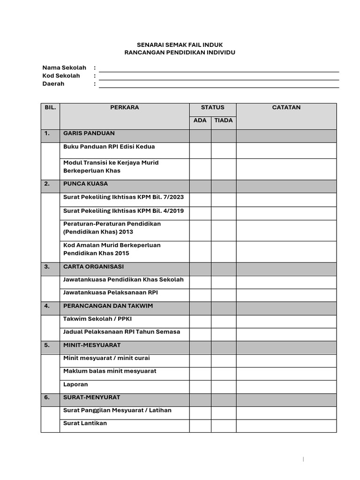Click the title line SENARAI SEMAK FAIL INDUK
click(180, 45)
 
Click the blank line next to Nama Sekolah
click(218, 69)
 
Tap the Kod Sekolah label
click(61, 75)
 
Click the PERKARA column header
click(124, 107)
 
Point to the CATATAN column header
click(286, 107)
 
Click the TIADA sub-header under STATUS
click(224, 120)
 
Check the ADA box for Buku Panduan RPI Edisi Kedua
click(200, 150)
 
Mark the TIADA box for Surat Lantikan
click(224, 426)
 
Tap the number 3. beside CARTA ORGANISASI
click(47, 266)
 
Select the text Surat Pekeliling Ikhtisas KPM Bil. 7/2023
click(123, 197)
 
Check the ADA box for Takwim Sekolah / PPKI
click(200, 321)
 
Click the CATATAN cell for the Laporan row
click(286, 386)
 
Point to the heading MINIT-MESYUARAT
click(92, 345)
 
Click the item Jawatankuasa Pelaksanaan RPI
click(110, 292)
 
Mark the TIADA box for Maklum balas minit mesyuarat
click(224, 374)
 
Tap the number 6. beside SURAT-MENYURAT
click(47, 397)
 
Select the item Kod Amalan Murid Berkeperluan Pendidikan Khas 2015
click(112, 249)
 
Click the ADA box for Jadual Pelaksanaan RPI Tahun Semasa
click(200, 334)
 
